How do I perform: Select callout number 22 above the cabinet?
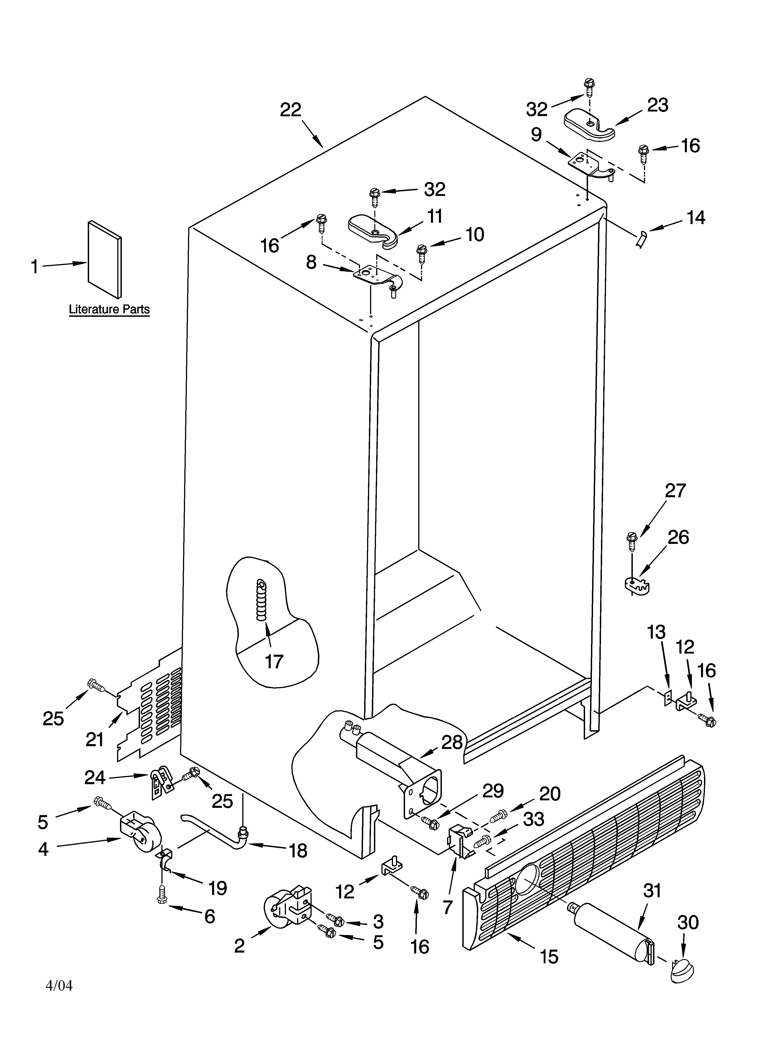[290, 110]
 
